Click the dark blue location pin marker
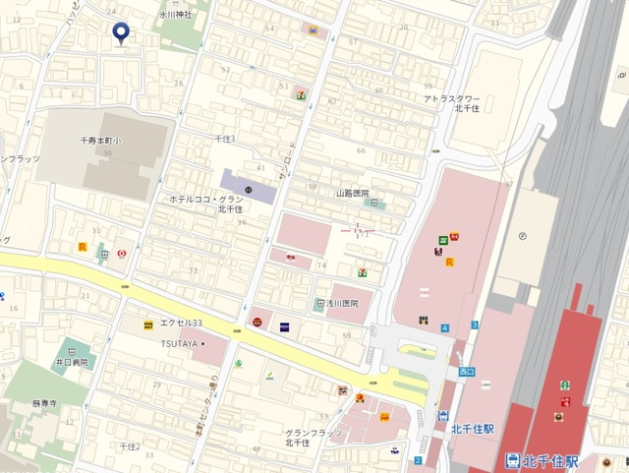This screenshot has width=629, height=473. (121, 33)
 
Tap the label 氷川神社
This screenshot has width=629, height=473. (176, 15)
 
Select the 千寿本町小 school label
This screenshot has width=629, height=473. (101, 142)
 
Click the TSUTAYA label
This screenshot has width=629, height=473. (181, 343)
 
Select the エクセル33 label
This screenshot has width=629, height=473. (183, 324)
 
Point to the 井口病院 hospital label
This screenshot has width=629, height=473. (72, 363)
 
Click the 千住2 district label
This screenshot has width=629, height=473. (130, 446)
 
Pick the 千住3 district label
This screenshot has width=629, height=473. (225, 140)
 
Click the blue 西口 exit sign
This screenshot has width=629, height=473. (467, 372)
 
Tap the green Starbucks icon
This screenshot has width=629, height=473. (565, 385)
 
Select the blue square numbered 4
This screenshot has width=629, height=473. (444, 327)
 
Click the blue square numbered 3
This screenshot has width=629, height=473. (475, 324)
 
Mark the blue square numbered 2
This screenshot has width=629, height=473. (418, 460)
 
